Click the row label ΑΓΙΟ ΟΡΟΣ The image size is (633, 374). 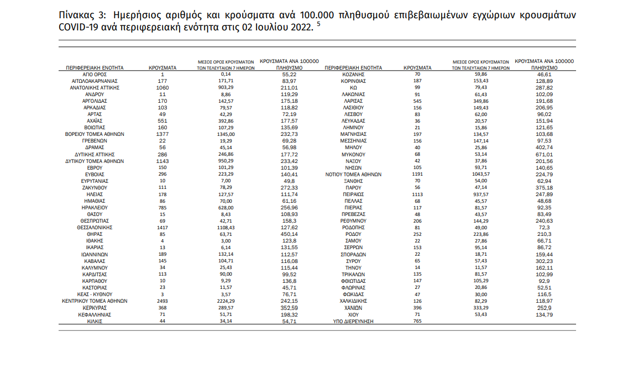click(95, 74)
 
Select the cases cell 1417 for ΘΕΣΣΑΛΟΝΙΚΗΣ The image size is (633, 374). click(163, 227)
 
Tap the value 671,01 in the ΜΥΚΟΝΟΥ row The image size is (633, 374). click(544, 154)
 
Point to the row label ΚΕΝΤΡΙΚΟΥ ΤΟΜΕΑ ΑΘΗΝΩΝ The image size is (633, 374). click(95, 301)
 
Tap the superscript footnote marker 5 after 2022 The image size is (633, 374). click(318, 24)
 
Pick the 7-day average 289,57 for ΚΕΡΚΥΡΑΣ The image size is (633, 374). click(225, 308)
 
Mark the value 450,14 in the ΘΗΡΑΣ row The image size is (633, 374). click(290, 234)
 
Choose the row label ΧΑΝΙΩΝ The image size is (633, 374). click(354, 308)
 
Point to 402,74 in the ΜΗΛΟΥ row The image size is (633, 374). click(544, 148)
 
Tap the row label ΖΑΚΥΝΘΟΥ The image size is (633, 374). click(95, 187)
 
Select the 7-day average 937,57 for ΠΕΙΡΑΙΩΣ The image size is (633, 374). click(480, 194)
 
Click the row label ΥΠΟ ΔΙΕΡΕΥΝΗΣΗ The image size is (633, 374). click(354, 321)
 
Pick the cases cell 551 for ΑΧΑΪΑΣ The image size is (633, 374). click(163, 120)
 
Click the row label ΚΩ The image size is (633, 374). click(354, 87)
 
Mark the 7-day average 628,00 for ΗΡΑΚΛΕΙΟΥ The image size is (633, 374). click(225, 207)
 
